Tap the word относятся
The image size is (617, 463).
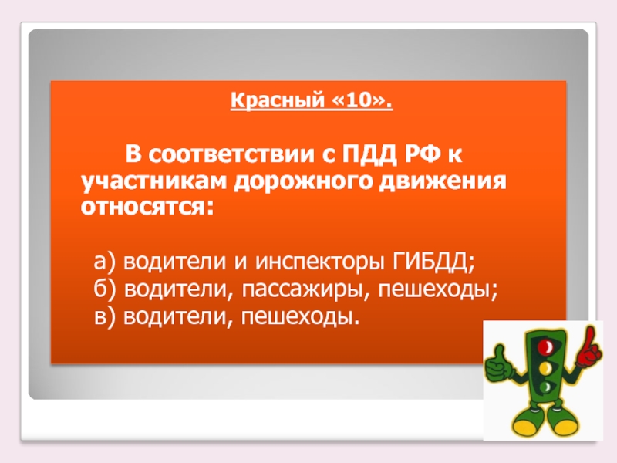(144, 207)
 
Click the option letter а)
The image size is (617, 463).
(106, 262)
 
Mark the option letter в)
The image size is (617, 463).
(106, 316)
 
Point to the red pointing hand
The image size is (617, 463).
(590, 346)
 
